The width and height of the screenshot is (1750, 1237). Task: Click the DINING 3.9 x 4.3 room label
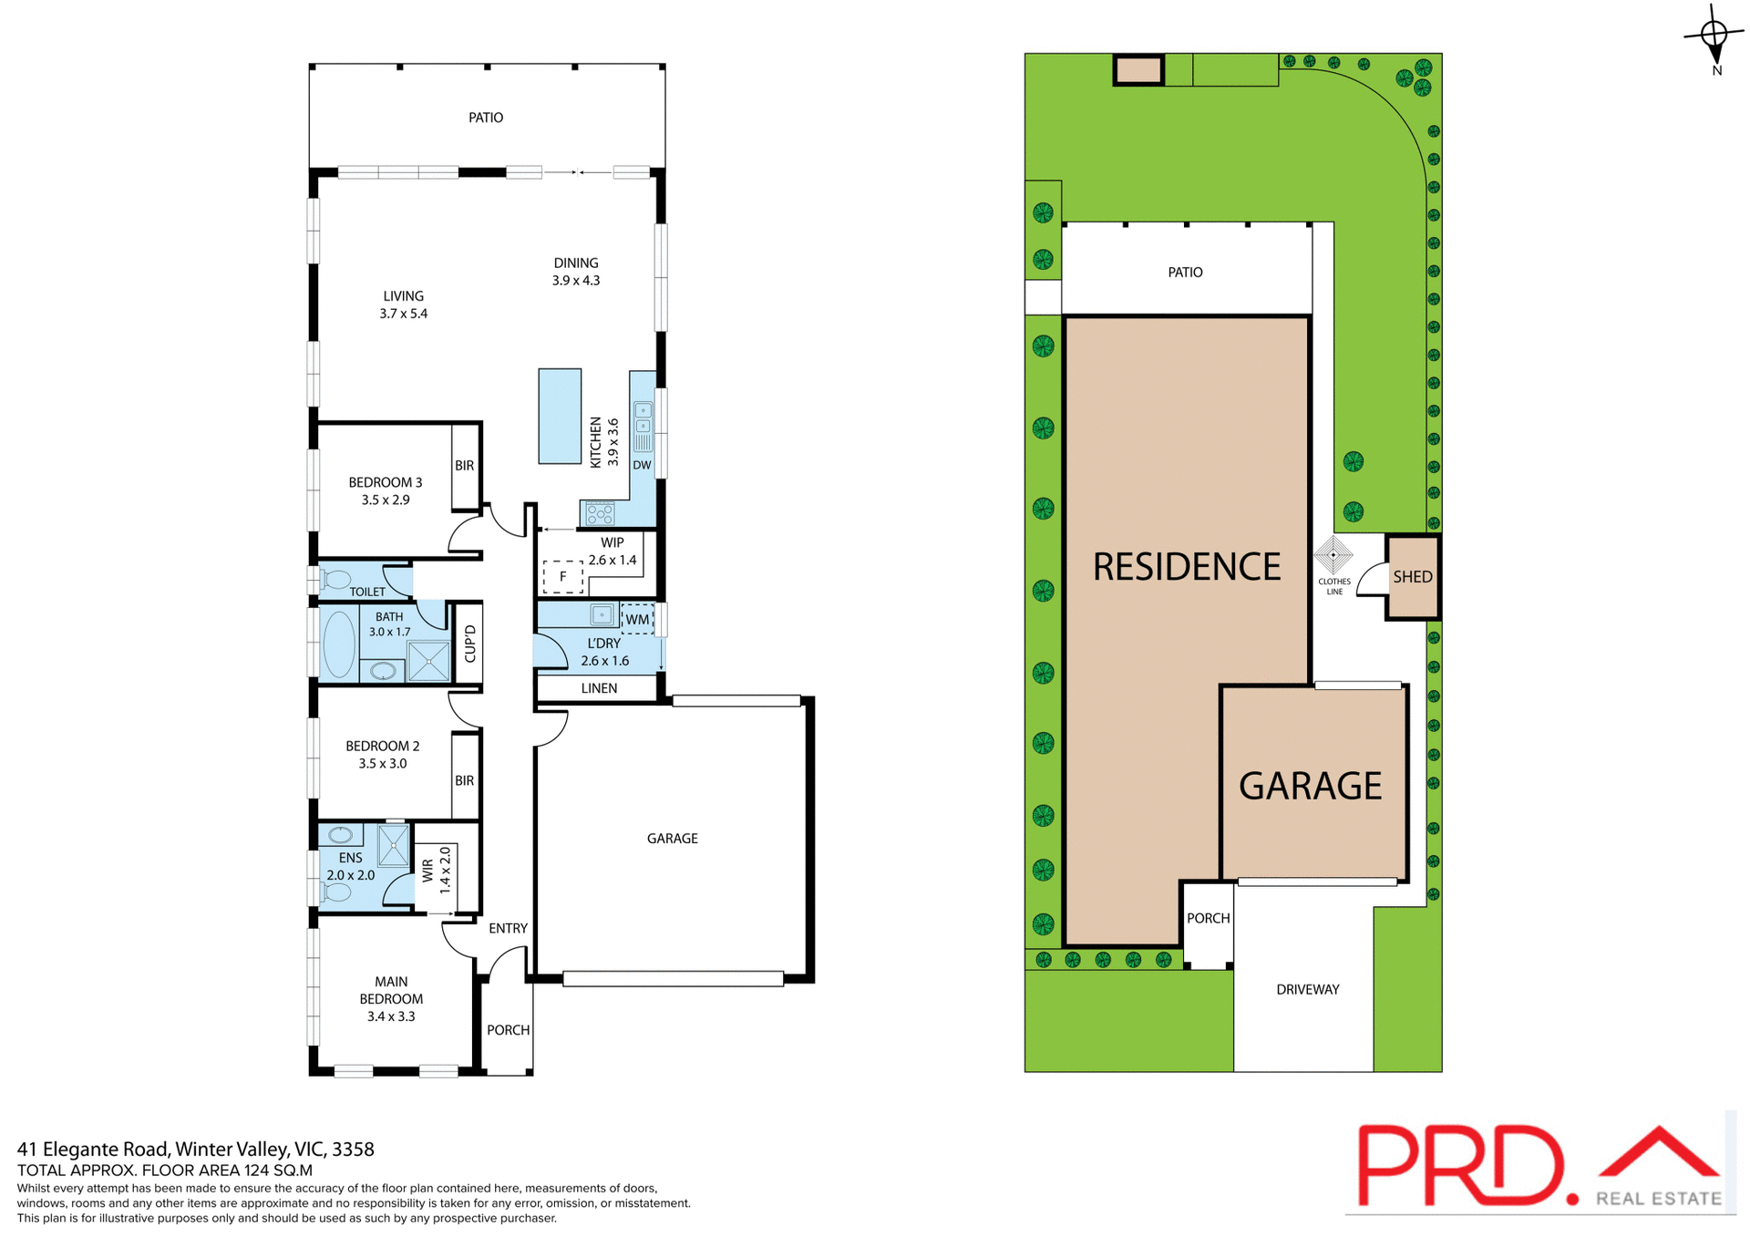[575, 272]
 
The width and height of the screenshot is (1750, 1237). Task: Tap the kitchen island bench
[560, 416]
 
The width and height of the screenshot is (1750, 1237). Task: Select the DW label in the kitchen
[642, 465]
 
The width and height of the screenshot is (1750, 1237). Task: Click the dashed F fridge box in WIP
[562, 576]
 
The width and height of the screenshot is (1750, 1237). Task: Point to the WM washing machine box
[637, 619]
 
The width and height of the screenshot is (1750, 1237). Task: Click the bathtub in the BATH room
[338, 644]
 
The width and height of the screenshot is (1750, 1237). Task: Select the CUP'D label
[470, 644]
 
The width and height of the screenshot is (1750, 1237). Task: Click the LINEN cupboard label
[599, 688]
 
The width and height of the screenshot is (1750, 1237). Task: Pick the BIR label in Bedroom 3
[464, 466]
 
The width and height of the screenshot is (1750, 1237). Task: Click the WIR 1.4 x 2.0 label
[437, 870]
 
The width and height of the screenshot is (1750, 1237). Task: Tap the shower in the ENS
[394, 845]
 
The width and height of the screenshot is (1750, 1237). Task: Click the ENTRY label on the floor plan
[508, 928]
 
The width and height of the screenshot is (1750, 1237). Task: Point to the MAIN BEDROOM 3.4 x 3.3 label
[391, 999]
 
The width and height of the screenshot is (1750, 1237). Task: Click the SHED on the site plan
[1412, 577]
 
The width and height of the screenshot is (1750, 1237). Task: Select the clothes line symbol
[1333, 554]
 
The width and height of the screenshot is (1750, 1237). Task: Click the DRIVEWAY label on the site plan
[1307, 989]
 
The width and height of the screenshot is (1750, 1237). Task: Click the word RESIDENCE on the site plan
[1186, 567]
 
